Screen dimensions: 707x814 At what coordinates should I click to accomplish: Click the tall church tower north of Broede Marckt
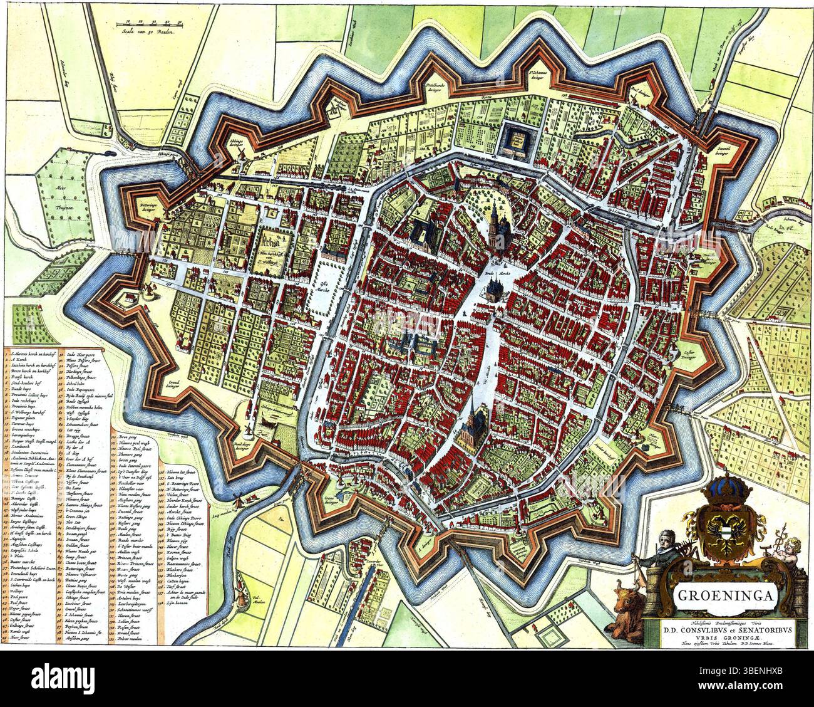[496, 216]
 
